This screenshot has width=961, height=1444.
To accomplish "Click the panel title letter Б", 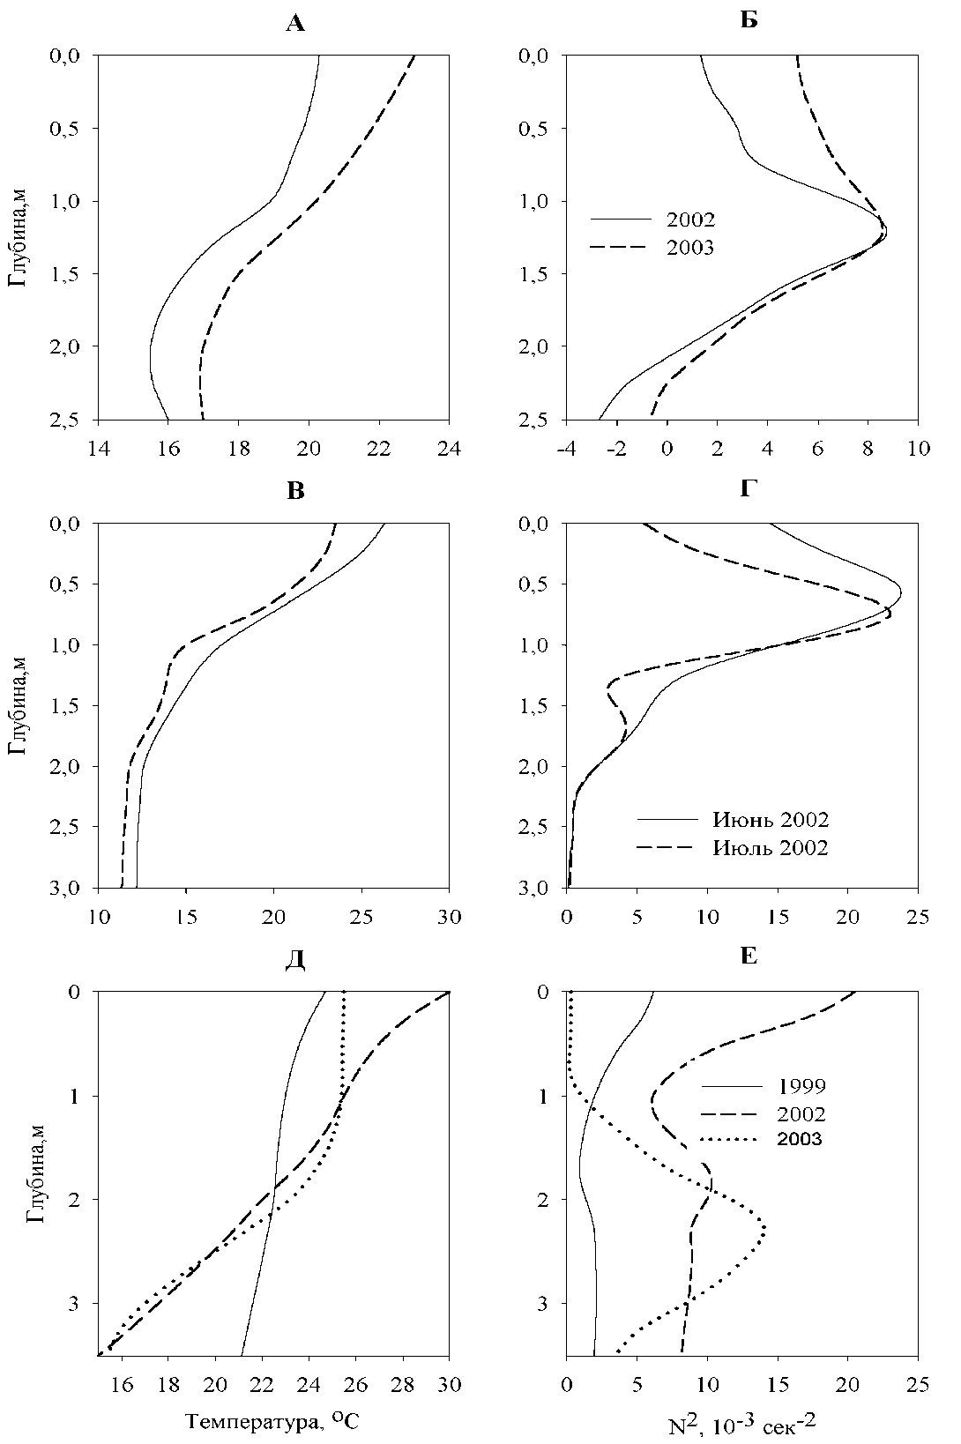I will (749, 20).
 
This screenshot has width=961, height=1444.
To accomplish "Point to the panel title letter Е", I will (749, 956).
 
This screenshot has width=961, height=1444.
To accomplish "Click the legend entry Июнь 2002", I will (770, 820).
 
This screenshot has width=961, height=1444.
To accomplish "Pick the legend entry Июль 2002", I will (771, 848).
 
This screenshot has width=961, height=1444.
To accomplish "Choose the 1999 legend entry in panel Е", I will (801, 1085).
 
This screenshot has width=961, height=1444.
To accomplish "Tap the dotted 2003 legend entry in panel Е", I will (800, 1139).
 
